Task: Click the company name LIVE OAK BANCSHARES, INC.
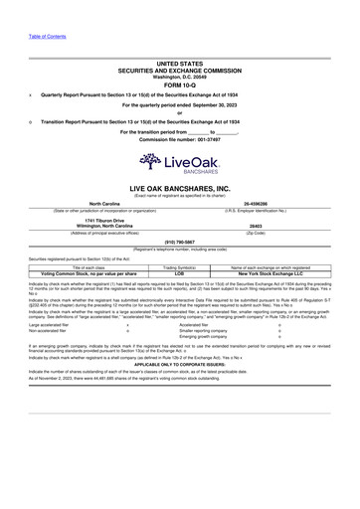179,187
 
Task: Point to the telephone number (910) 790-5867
179,242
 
